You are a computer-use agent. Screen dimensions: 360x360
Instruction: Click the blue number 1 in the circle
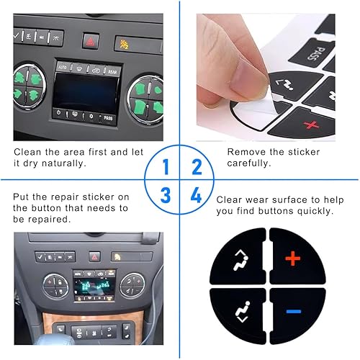click(166, 168)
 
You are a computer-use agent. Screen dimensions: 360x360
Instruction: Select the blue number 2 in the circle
click(195, 168)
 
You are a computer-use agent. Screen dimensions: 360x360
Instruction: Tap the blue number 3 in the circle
click(166, 195)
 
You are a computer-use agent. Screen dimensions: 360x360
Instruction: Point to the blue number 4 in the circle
click(195, 195)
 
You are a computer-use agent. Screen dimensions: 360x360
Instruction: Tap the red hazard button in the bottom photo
click(94, 256)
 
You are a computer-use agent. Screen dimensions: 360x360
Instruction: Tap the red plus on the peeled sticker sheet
click(312, 126)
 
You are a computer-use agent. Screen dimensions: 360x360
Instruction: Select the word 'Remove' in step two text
click(243, 152)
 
